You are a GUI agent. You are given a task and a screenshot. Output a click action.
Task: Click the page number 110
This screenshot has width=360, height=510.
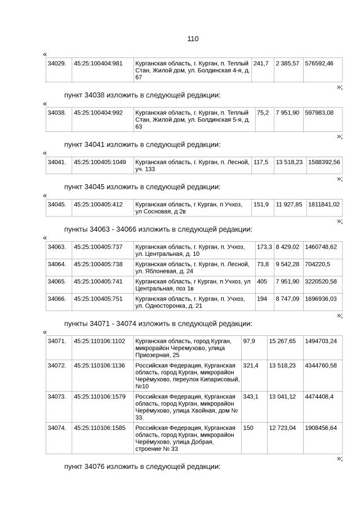click(193, 39)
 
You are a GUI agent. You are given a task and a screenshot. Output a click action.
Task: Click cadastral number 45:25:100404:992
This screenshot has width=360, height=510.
click(98, 113)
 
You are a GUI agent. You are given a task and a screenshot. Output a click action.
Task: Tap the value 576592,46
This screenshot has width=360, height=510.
click(319, 63)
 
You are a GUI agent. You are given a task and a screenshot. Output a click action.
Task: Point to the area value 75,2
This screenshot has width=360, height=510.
click(263, 113)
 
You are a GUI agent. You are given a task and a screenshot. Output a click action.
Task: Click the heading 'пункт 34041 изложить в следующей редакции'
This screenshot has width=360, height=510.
click(142, 144)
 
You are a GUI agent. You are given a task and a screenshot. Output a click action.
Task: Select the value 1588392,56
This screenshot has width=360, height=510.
click(324, 162)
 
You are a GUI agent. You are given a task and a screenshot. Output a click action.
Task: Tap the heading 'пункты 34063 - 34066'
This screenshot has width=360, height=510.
click(158, 229)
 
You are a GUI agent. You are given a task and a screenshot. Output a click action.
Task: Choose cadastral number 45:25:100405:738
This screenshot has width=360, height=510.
click(98, 264)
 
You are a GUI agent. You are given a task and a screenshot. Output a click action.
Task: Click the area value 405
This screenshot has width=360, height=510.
click(262, 281)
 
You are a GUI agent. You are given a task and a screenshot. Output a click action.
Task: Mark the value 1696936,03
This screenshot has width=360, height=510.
click(321, 299)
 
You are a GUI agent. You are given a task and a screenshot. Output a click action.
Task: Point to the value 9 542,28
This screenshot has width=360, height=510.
click(287, 264)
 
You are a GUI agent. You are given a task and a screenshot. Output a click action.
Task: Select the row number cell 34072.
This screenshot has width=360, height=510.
click(57, 366)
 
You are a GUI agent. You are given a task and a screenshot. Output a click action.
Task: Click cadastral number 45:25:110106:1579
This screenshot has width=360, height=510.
click(100, 397)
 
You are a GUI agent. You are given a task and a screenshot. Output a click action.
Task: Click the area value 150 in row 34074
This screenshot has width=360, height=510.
click(248, 428)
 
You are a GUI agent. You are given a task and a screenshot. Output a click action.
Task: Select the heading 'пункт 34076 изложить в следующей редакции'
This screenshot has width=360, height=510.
click(142, 467)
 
